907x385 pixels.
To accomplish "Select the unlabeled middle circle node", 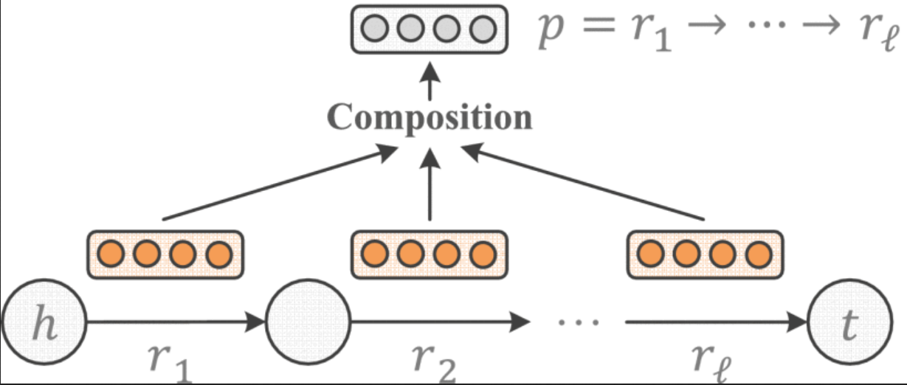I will [x=309, y=322].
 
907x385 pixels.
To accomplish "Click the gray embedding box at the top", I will [x=429, y=30].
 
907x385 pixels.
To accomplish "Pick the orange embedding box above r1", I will [x=165, y=254].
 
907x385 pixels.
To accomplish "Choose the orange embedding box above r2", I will [x=429, y=254].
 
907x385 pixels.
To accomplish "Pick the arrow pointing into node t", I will [x=716, y=322].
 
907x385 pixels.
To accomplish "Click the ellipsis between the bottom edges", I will [x=577, y=322].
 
